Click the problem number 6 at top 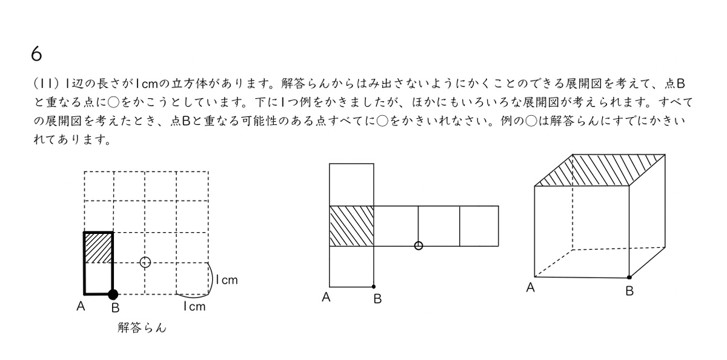(36, 54)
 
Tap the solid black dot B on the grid (113, 295)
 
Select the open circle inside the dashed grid (145, 262)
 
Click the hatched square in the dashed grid (98, 247)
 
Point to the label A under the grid (81, 307)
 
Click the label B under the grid (115, 308)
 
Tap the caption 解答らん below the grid (142, 328)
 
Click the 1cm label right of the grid (227, 280)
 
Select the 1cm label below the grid (194, 307)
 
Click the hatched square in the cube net (351, 226)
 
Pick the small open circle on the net (418, 245)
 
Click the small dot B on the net (374, 286)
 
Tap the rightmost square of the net (479, 226)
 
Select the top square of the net (351, 184)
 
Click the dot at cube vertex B (629, 277)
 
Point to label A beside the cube (531, 288)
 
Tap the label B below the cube (629, 292)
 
